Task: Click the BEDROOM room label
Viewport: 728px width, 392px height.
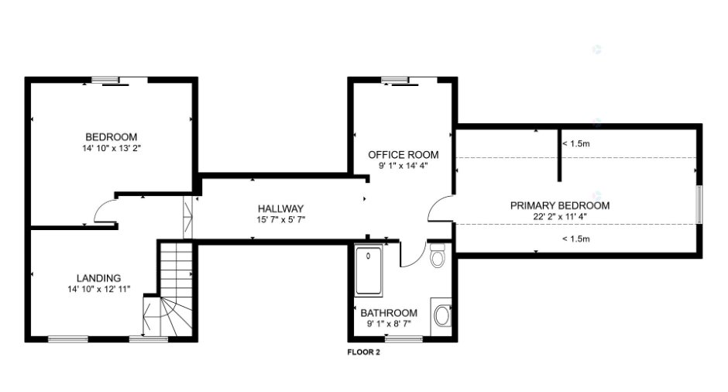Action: (111, 137)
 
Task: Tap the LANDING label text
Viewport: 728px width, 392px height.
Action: (98, 278)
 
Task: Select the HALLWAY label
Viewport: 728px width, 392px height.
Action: (280, 208)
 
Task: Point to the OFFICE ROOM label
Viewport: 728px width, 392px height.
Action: (403, 155)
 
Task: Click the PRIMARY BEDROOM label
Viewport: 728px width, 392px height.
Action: (560, 205)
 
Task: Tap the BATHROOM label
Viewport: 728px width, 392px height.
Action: (389, 312)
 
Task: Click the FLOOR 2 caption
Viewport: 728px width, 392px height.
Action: (363, 352)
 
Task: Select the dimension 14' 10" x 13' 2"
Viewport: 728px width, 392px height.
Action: (111, 148)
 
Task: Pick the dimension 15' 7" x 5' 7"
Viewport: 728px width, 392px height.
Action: (280, 220)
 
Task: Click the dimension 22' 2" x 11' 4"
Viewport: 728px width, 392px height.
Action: (560, 216)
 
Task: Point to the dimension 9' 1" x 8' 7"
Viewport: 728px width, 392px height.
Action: (389, 324)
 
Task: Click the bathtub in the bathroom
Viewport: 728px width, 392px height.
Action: (369, 271)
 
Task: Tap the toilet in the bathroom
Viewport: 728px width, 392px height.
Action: (438, 255)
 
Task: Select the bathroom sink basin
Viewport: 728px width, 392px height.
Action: (442, 316)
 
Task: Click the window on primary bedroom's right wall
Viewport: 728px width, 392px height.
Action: (699, 205)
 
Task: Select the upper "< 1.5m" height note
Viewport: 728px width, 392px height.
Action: (576, 143)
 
